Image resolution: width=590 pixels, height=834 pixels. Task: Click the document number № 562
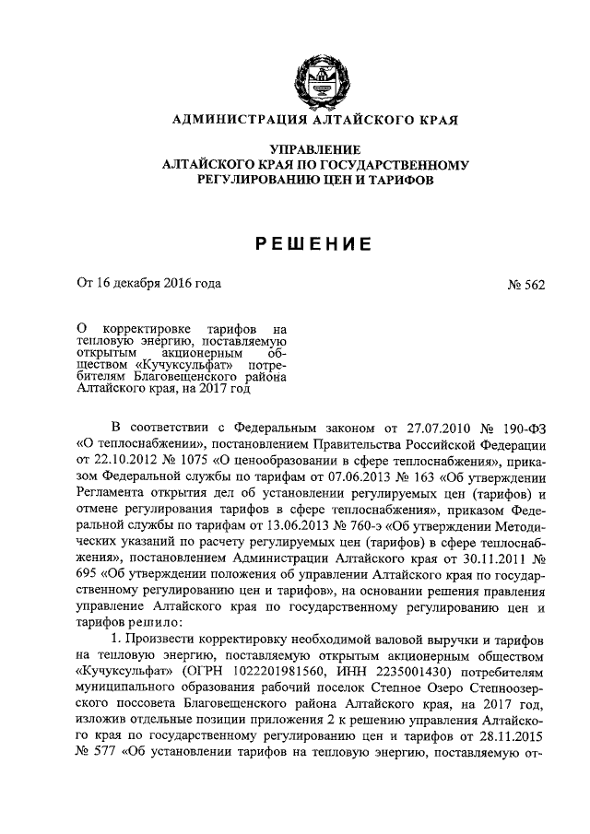tap(526, 285)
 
